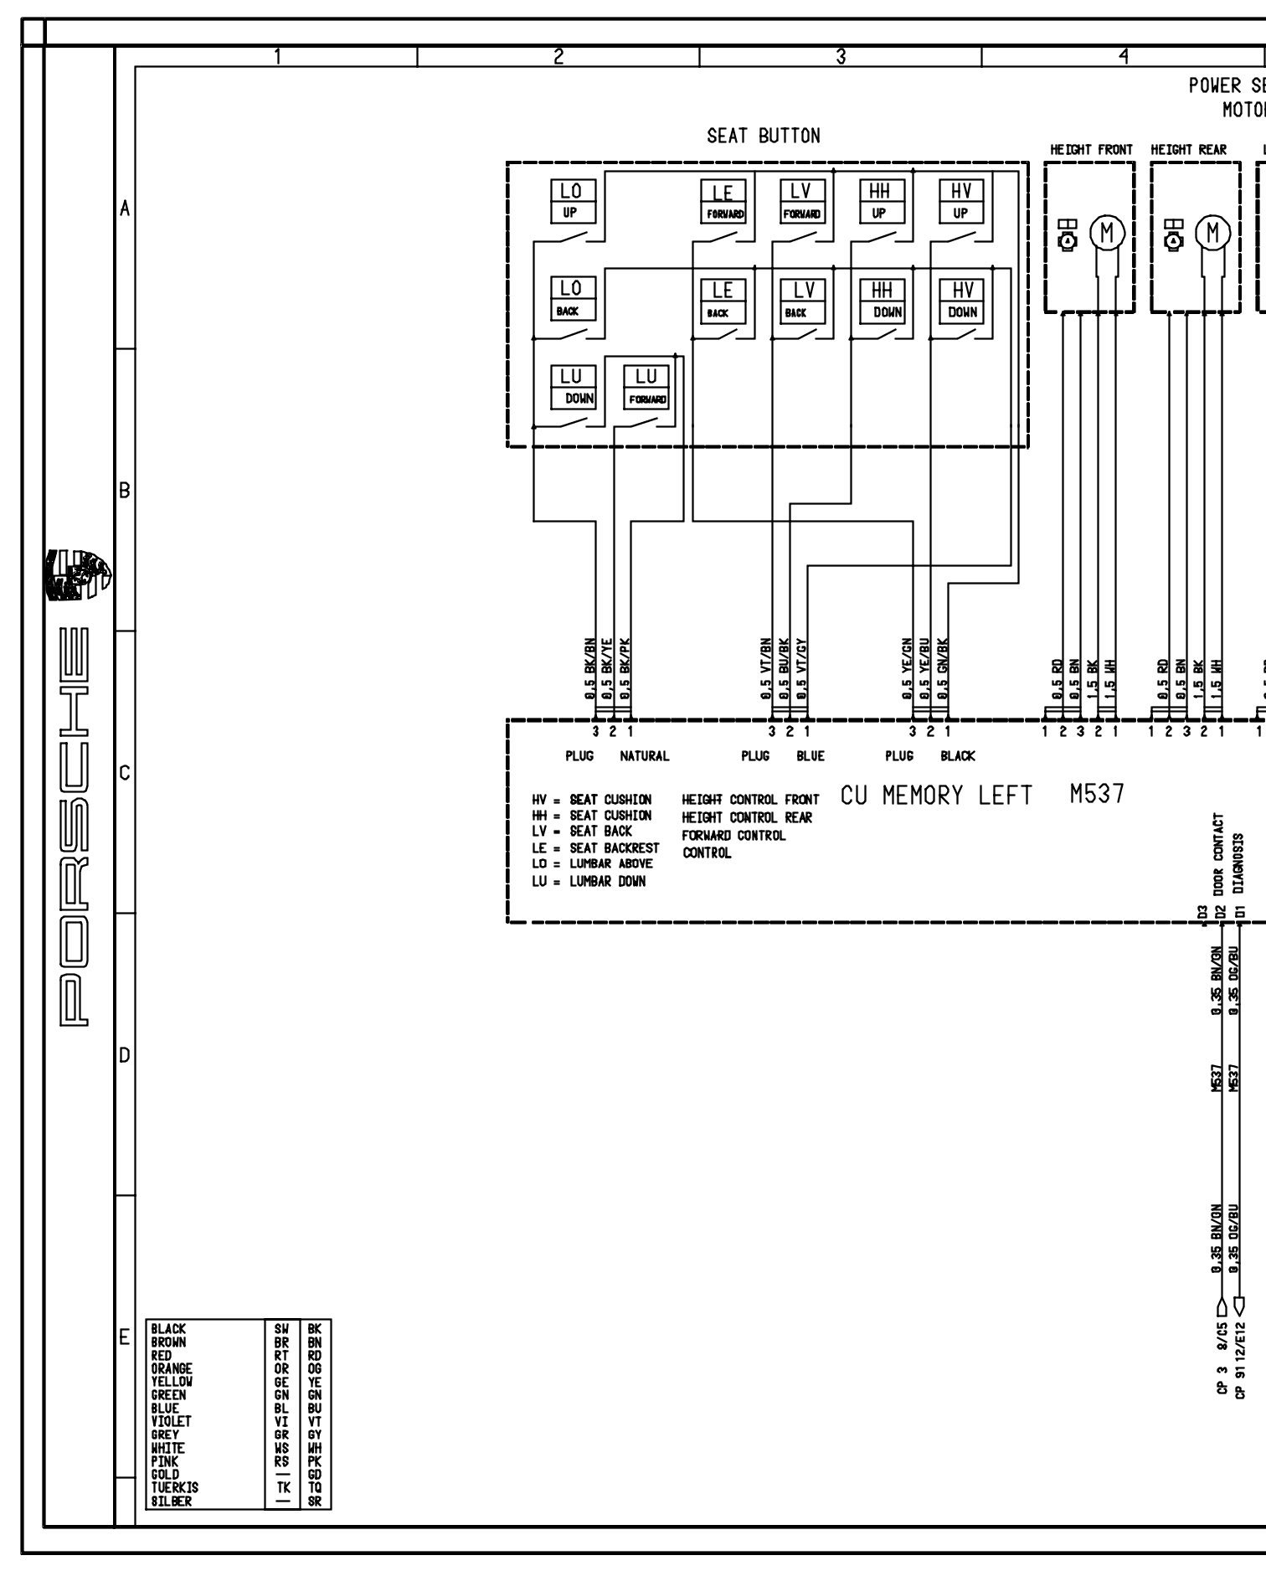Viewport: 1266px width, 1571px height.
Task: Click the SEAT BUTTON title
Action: pos(763,136)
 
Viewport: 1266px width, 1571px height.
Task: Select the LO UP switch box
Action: pos(572,201)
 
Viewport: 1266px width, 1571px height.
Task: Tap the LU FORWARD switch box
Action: pos(647,387)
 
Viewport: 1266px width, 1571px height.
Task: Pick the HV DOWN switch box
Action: pos(962,301)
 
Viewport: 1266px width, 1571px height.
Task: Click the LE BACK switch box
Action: pos(722,301)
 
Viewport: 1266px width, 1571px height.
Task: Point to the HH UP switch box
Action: pos(880,201)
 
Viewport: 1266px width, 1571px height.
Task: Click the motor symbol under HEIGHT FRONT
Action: pos(1108,232)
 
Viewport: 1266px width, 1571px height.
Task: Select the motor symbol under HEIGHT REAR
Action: pos(1212,232)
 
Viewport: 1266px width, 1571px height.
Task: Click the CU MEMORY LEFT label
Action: pos(936,795)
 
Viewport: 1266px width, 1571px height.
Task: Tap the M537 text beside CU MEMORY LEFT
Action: pos(1097,793)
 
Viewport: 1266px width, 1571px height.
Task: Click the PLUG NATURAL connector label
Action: pos(617,756)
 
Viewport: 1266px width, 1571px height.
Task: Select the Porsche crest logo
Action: pos(79,576)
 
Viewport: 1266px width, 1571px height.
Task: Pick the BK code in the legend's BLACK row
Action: pos(314,1329)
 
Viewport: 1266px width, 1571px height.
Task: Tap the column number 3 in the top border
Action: pos(841,56)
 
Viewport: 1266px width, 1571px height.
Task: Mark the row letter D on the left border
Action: pos(124,1055)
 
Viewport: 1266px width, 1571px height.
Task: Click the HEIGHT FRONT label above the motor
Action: pos(1091,150)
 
